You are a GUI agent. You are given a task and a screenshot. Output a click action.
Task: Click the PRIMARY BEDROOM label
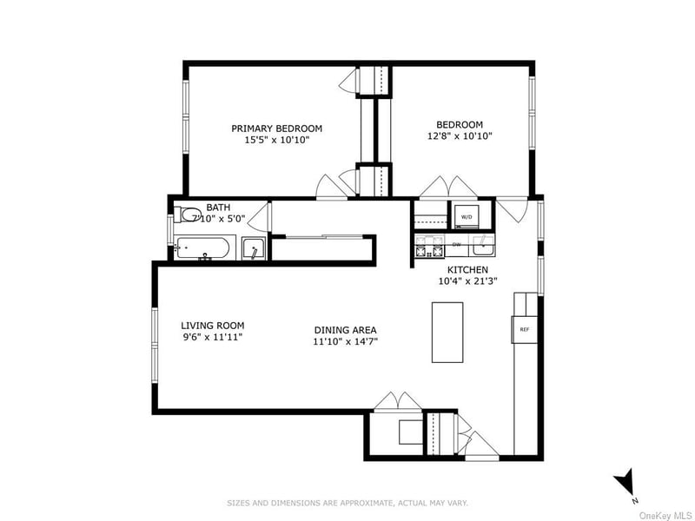point(270,128)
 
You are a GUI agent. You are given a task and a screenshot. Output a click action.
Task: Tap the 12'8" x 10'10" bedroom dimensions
point(460,137)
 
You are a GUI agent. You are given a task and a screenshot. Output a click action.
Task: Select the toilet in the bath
point(187,214)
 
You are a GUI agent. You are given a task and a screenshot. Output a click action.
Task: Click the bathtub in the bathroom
point(203,248)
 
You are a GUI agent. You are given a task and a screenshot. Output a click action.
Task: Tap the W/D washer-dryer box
point(466,214)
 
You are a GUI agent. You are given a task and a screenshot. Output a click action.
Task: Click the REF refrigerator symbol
point(524,329)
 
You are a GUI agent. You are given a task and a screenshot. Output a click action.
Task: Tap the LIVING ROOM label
point(212,326)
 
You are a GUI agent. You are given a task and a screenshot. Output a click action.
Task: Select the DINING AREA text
point(345,330)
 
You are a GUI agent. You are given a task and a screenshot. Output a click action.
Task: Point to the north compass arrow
point(623,484)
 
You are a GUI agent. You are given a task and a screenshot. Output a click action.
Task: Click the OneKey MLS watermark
point(665,515)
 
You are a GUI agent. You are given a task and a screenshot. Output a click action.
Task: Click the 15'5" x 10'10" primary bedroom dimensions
point(270,139)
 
